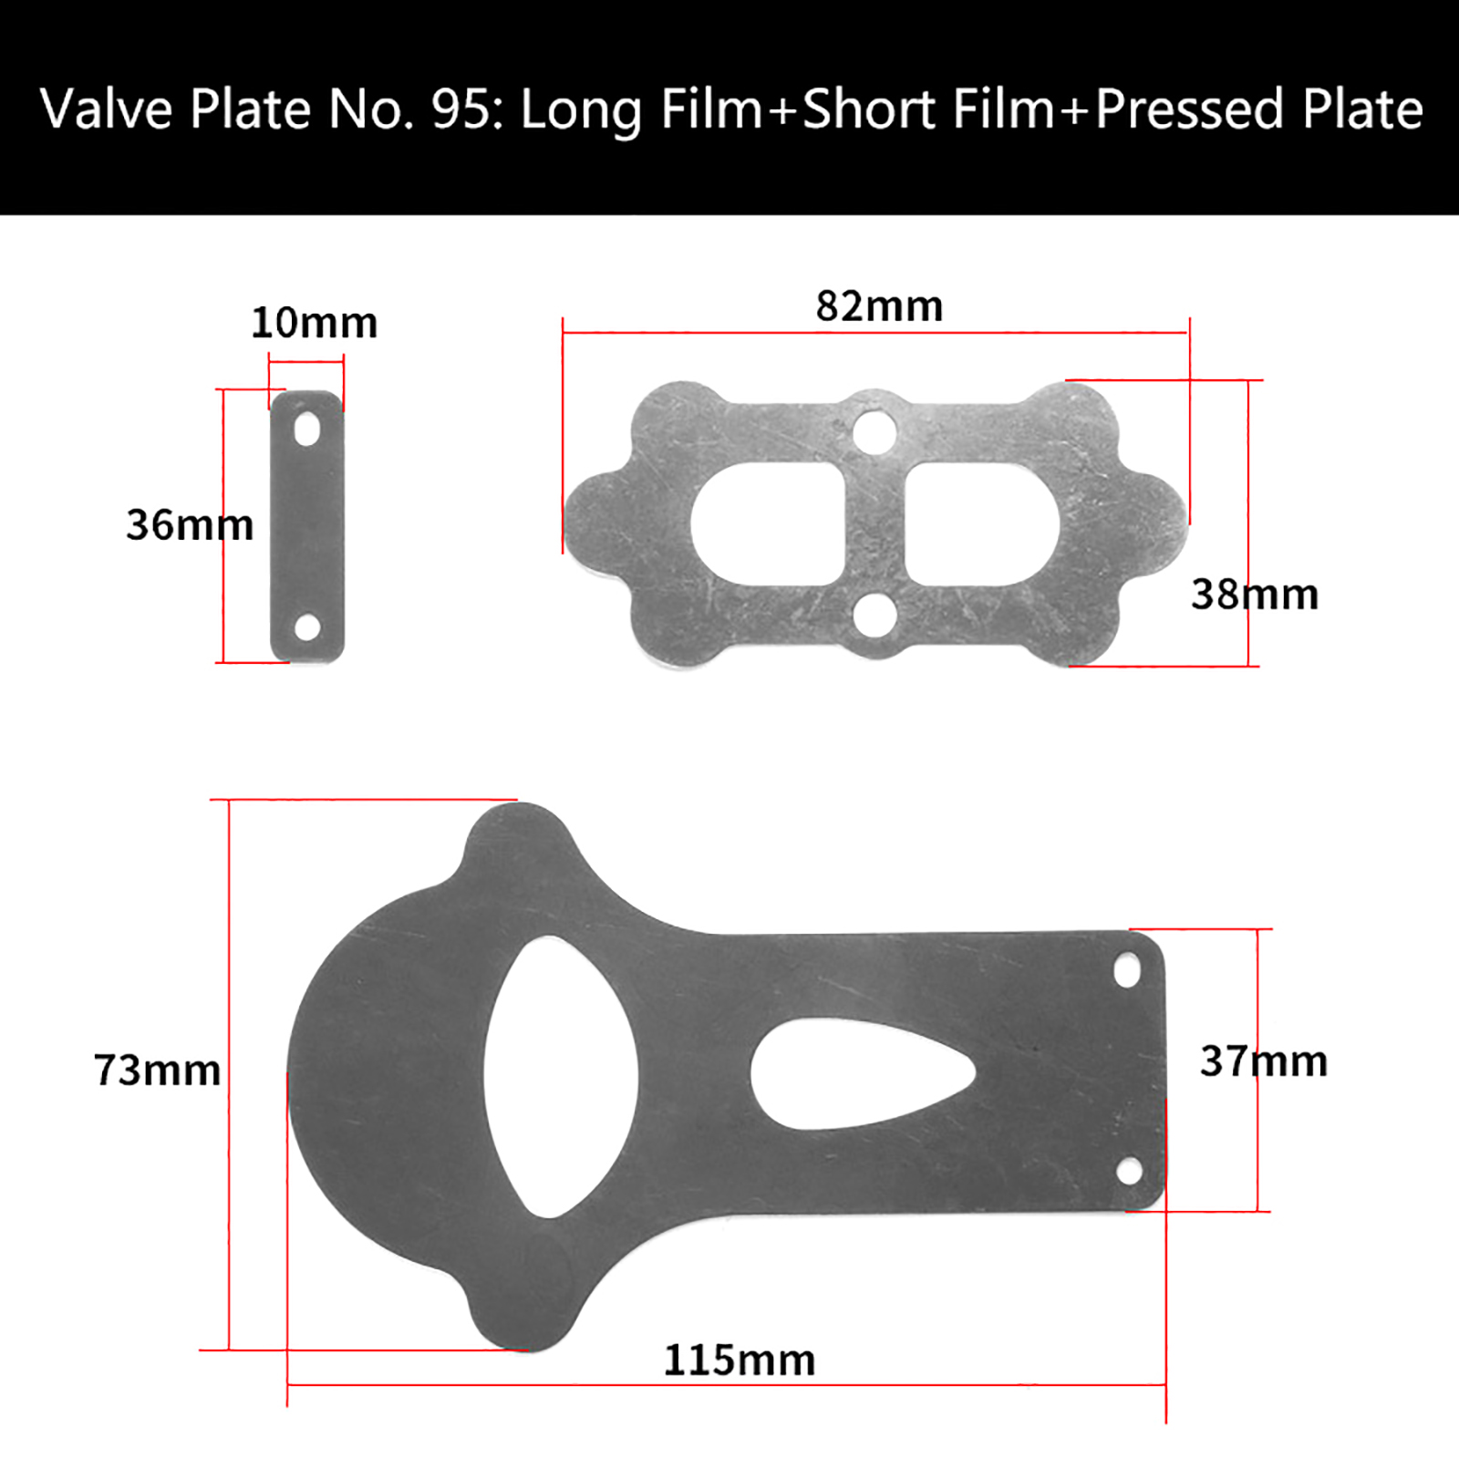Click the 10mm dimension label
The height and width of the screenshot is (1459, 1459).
(314, 323)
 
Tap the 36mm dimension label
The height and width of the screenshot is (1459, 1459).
(190, 524)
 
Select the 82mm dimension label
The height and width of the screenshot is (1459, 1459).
(879, 306)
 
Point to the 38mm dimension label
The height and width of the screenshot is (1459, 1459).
(1255, 595)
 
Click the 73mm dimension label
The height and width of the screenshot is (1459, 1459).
(157, 1070)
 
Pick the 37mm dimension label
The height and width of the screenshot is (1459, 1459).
(1264, 1061)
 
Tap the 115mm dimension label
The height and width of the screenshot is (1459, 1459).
(740, 1361)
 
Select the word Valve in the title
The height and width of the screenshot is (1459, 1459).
(107, 109)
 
